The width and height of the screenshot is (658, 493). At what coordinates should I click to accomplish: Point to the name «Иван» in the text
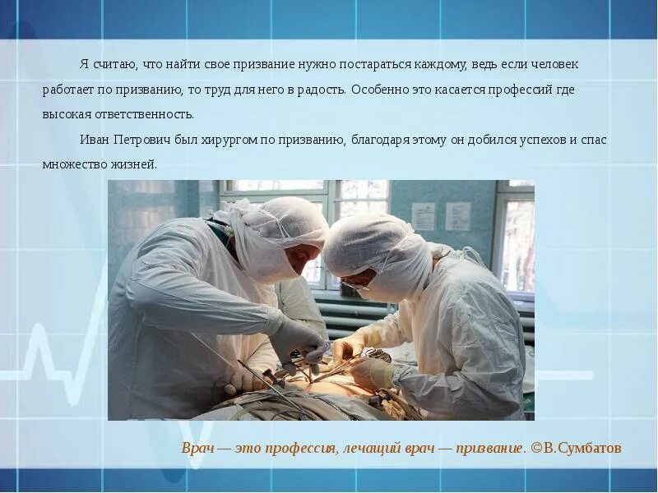click(x=95, y=140)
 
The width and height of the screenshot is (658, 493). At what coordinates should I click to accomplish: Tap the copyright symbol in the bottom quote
click(x=536, y=449)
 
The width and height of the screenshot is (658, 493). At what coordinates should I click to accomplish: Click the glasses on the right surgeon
click(x=355, y=283)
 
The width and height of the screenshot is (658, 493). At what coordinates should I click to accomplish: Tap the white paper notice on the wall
click(x=423, y=216)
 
